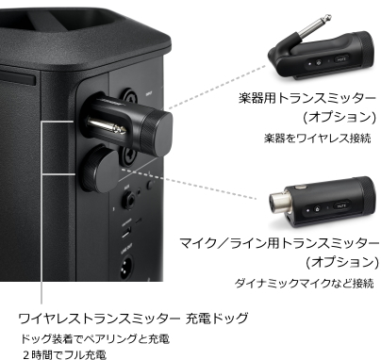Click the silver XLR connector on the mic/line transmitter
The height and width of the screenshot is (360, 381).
pos(283,204)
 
